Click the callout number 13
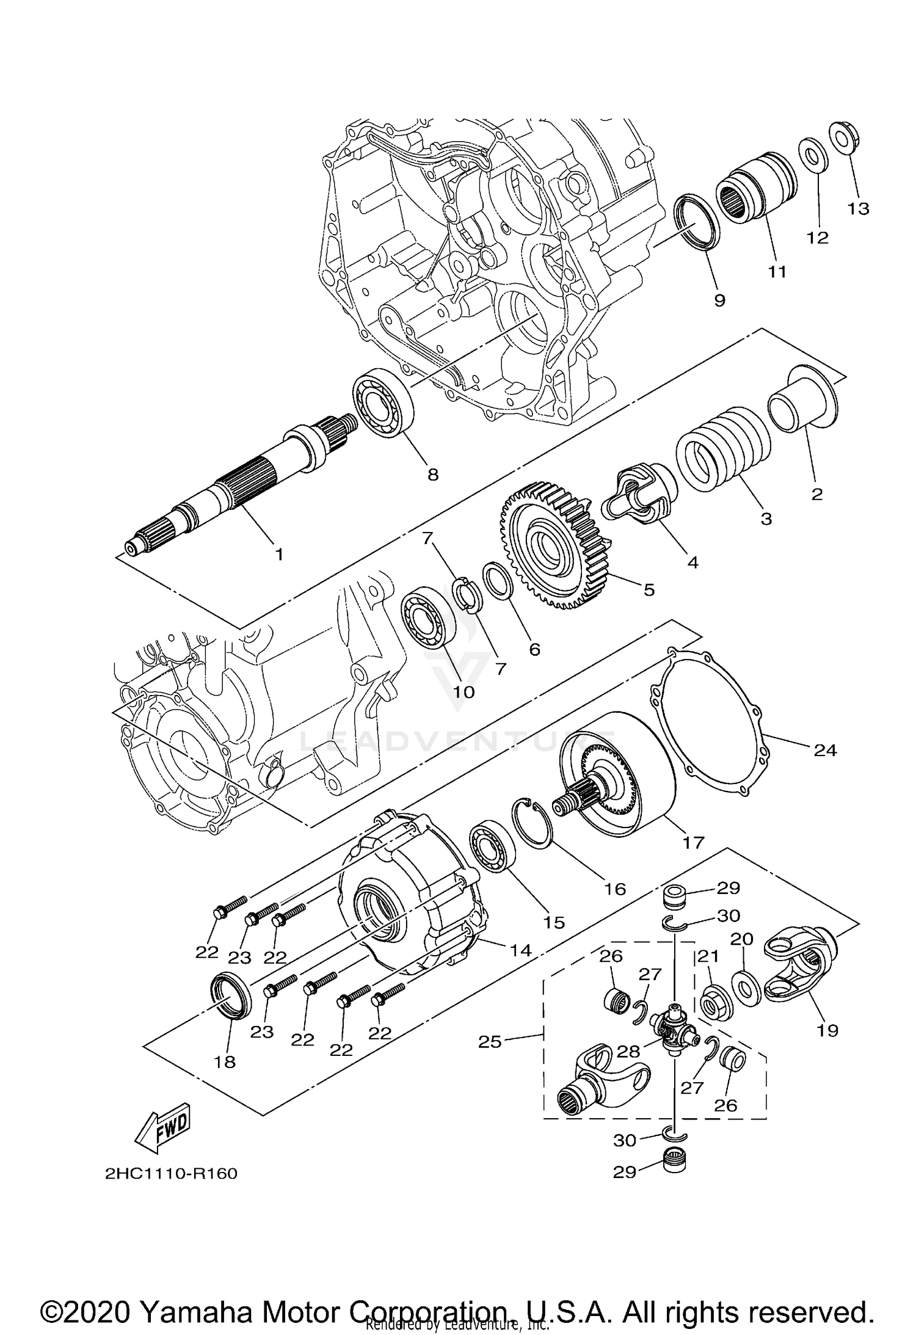tap(858, 208)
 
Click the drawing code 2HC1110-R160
tap(171, 1174)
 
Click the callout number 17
tap(694, 843)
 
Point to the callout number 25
tap(489, 1041)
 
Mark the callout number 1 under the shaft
tap(278, 555)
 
